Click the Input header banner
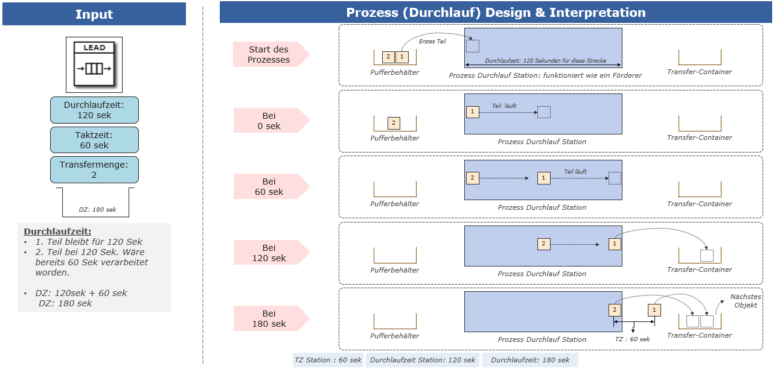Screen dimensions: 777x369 point(94,14)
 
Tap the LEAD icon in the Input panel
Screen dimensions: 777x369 point(94,65)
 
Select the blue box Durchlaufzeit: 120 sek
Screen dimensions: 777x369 point(94,110)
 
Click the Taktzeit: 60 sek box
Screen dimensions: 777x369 point(94,140)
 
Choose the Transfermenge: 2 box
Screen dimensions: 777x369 point(94,170)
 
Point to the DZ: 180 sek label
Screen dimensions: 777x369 point(97,210)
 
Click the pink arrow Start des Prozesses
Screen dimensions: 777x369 point(271,54)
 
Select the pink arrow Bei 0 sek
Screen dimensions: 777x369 point(271,121)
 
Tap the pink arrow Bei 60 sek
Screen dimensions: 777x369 point(271,186)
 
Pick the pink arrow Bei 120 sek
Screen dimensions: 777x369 point(271,253)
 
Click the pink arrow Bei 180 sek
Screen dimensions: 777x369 point(271,318)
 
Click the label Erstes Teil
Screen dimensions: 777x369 point(432,42)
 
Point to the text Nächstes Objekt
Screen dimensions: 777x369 point(746,301)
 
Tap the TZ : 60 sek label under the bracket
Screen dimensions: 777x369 point(632,339)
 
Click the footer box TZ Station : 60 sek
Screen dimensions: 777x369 point(328,360)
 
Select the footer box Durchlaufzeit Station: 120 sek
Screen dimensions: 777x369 point(423,360)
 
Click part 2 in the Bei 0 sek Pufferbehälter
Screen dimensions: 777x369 point(394,122)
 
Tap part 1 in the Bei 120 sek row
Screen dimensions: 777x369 point(615,244)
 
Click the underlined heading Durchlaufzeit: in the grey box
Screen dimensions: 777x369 point(57,232)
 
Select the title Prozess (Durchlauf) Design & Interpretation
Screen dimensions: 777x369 point(496,13)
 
